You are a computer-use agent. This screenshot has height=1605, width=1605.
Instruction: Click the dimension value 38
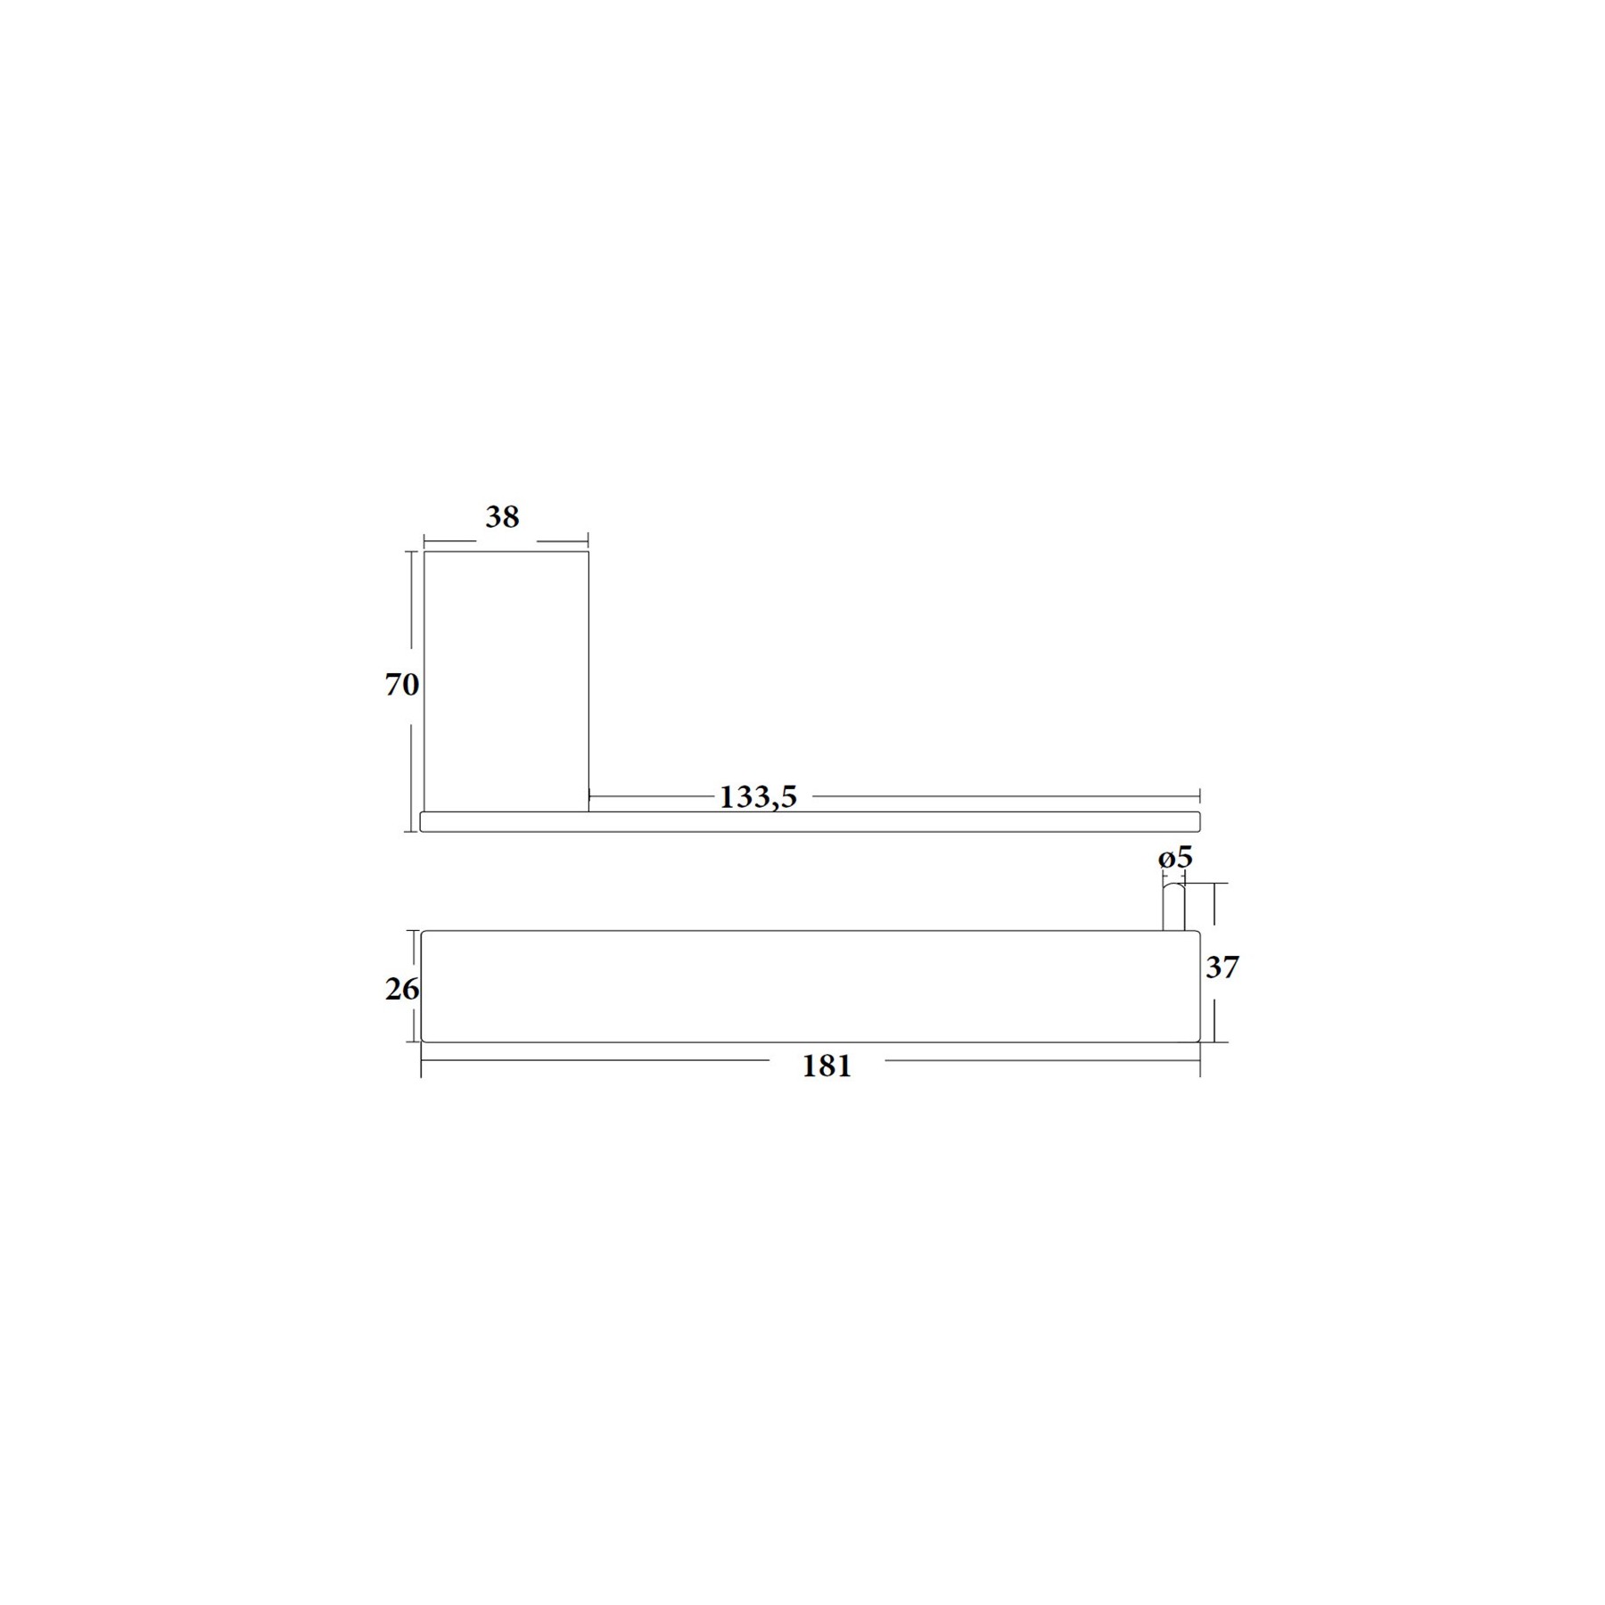point(502,516)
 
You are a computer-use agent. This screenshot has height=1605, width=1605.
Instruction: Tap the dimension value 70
point(401,684)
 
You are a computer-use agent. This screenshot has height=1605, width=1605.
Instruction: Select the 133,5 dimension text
point(758,796)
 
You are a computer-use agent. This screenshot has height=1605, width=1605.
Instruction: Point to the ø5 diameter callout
point(1175,857)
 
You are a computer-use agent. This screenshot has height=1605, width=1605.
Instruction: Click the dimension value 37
point(1222,967)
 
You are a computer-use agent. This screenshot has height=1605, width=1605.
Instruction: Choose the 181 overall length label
point(827,1066)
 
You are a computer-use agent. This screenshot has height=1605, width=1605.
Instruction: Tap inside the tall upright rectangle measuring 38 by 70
point(506,681)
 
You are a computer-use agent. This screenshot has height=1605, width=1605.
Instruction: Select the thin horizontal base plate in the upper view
point(811,821)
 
